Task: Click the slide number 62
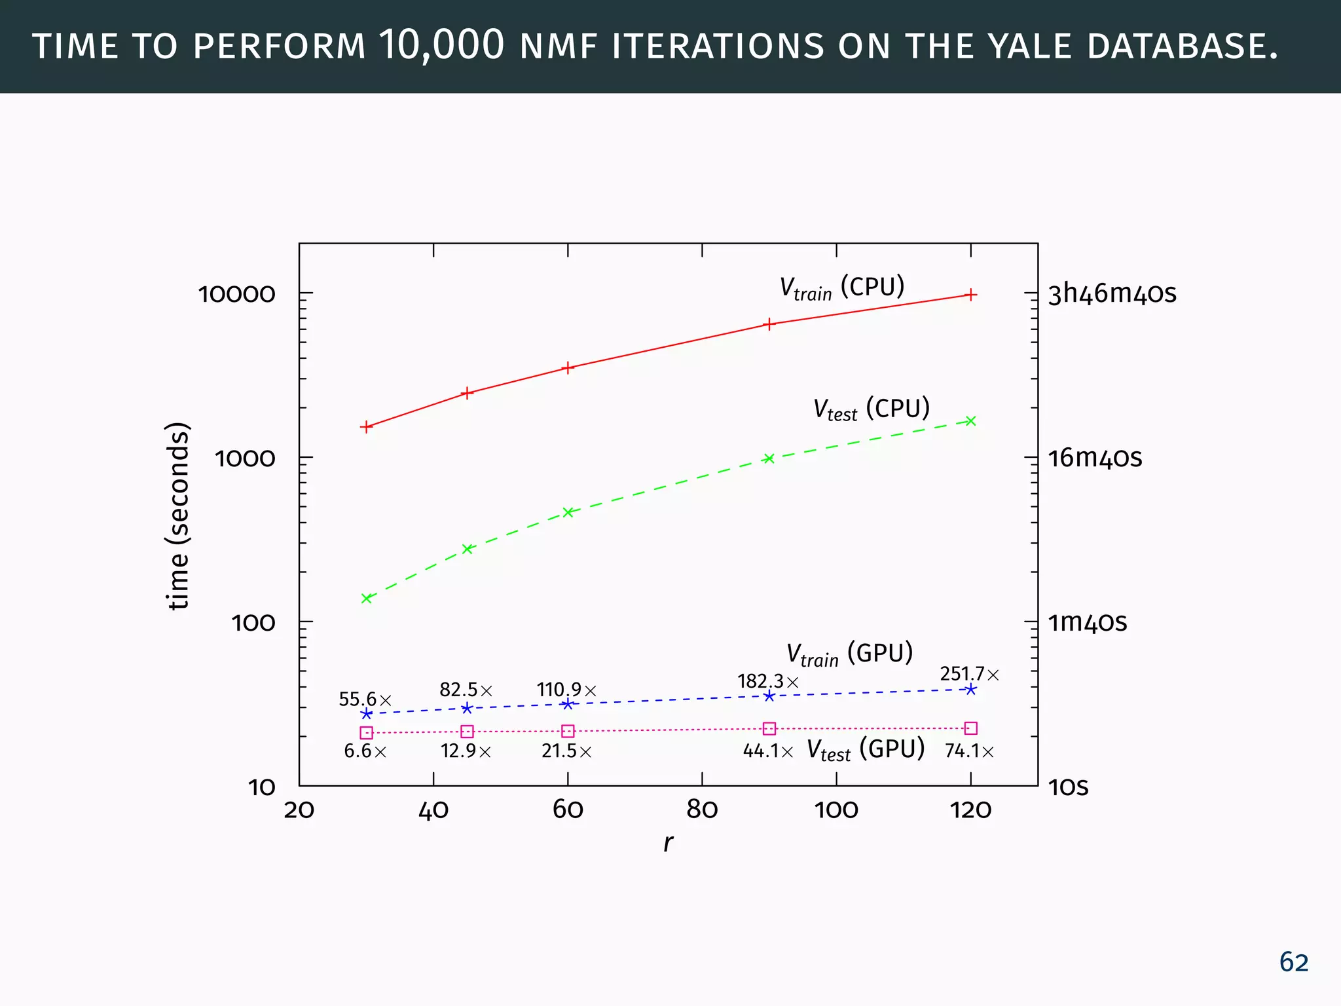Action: [1293, 962]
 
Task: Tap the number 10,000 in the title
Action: [442, 46]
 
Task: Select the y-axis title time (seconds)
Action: [178, 516]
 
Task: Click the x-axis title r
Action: [667, 843]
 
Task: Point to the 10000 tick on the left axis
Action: [237, 294]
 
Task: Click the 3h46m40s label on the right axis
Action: [1112, 293]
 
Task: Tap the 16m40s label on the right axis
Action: [1095, 458]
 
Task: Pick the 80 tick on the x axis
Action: [702, 811]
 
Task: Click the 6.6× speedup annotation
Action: [365, 751]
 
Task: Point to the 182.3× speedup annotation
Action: [768, 682]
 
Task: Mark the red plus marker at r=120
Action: [971, 295]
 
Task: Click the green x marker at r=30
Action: [367, 598]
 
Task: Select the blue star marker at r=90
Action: [769, 696]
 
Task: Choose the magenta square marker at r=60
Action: [568, 731]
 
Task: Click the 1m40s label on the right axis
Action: [1087, 622]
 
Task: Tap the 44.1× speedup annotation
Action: [768, 751]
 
